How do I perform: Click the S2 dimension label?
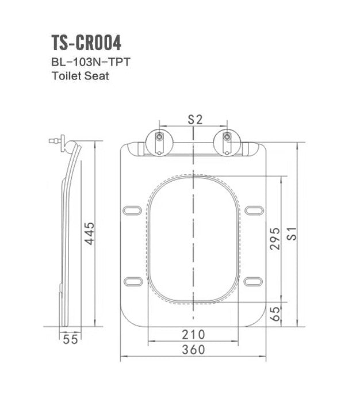point(196,120)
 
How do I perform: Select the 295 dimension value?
point(275,238)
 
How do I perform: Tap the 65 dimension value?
point(275,314)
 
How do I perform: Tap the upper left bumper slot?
point(133,210)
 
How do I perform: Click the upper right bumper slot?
point(254,210)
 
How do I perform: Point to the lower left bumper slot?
point(133,281)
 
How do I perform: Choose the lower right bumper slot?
point(254,281)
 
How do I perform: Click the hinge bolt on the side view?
point(56,140)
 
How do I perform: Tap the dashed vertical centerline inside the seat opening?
point(193,242)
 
